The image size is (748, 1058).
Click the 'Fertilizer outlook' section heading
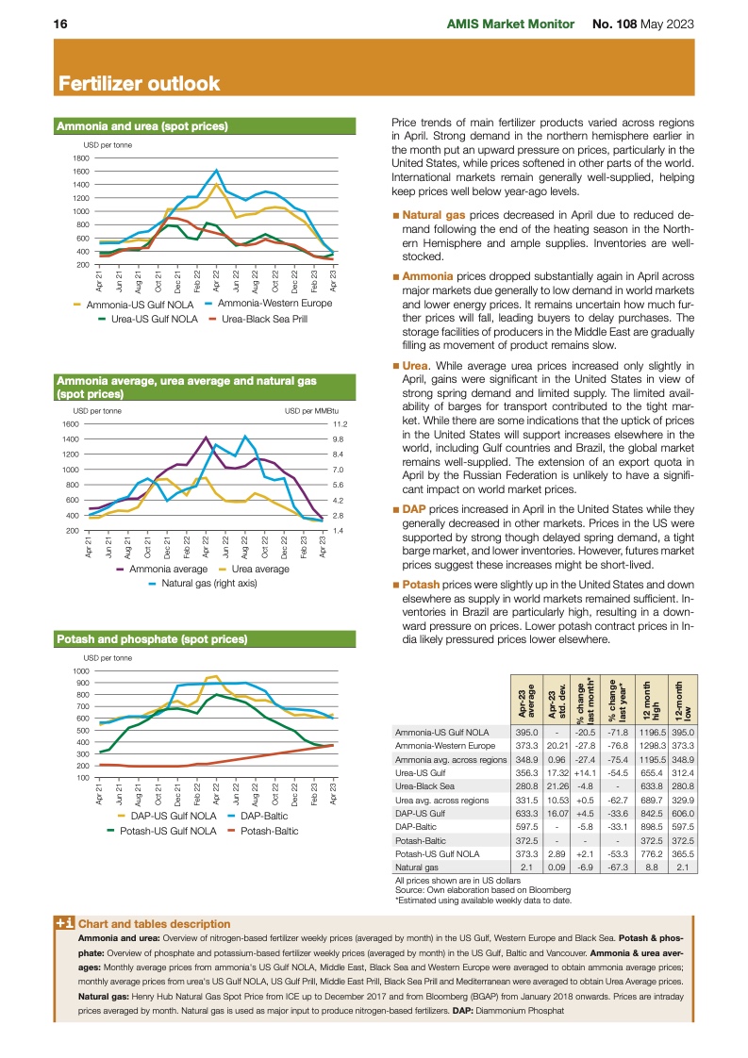click(139, 84)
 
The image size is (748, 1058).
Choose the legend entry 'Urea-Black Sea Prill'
click(264, 320)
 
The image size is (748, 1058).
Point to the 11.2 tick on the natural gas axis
click(341, 424)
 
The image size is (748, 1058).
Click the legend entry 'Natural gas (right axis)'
click(208, 584)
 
